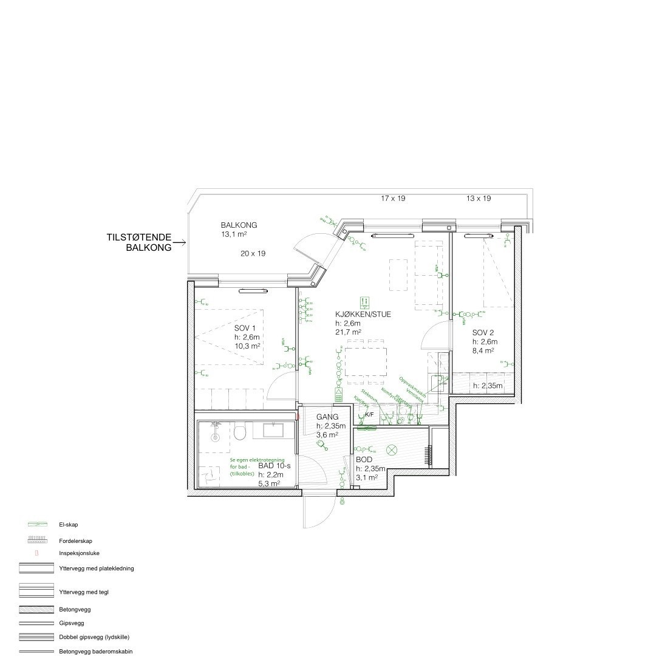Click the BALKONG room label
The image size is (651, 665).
click(x=239, y=225)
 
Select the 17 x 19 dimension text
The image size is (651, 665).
click(x=393, y=199)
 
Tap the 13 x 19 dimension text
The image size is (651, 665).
click(x=479, y=199)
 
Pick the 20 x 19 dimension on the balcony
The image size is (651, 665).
click(x=253, y=253)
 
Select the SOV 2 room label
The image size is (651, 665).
click(x=484, y=333)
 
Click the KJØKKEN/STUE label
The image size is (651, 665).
click(x=363, y=315)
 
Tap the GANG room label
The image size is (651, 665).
click(x=327, y=417)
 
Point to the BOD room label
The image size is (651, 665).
click(x=364, y=460)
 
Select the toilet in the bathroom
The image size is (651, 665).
click(x=240, y=432)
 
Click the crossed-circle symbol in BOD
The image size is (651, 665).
click(x=392, y=450)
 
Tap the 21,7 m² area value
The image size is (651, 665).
click(x=348, y=332)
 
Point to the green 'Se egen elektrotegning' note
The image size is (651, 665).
click(x=249, y=465)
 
